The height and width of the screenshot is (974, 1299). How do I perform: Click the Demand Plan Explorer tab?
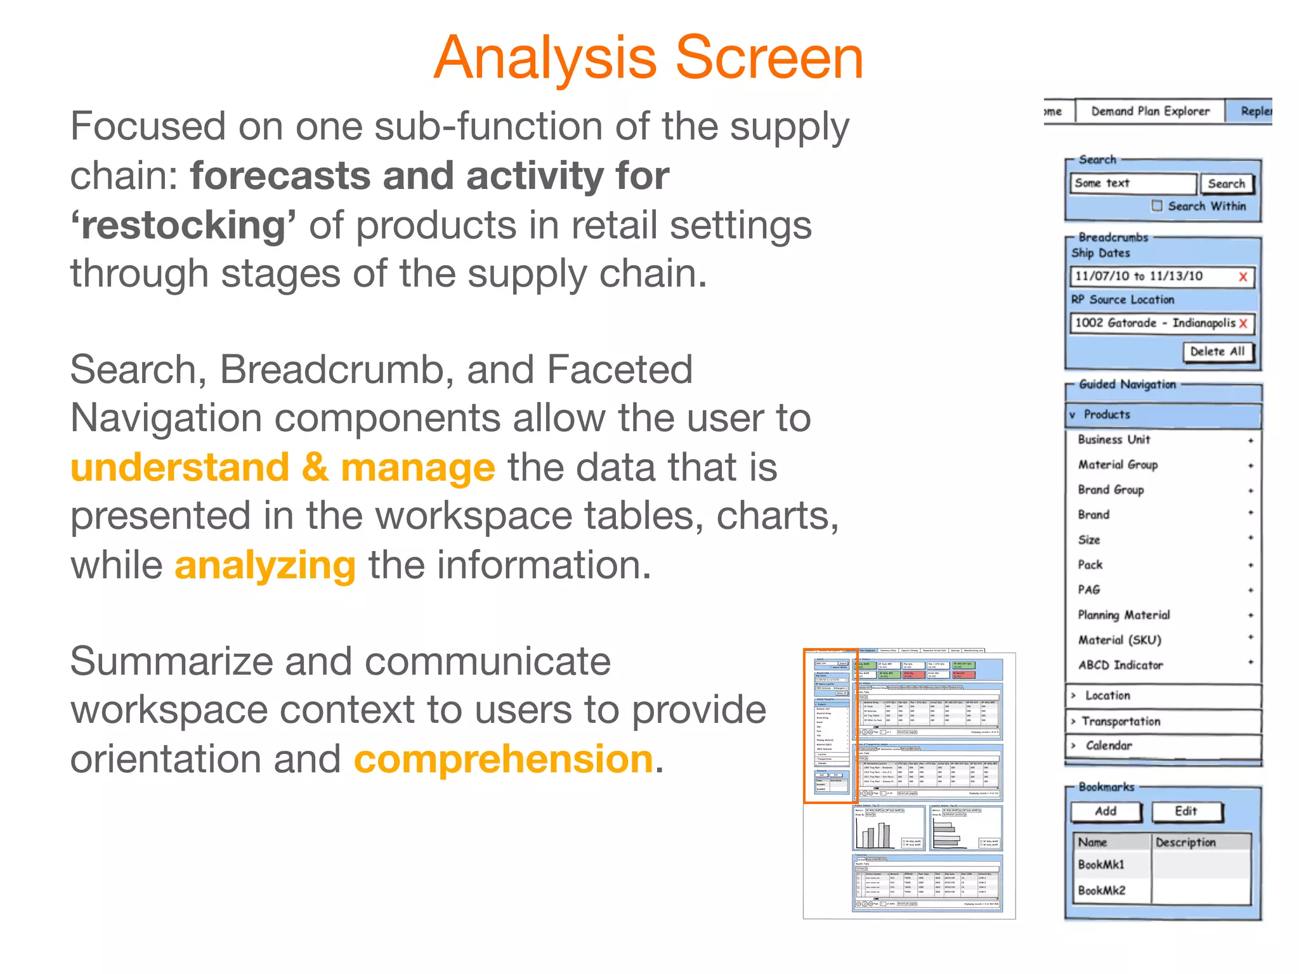click(x=1149, y=112)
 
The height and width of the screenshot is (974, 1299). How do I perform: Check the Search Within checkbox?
click(x=1157, y=206)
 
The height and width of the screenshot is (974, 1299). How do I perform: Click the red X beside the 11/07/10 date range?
click(x=1243, y=277)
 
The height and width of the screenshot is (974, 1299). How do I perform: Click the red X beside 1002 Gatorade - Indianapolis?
click(x=1243, y=324)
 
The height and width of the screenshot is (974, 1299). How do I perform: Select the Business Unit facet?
click(x=1114, y=439)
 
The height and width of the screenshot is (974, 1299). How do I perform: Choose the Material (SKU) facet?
click(x=1119, y=640)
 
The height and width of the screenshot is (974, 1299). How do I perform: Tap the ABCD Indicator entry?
click(x=1120, y=665)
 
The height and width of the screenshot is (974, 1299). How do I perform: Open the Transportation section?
click(x=1121, y=722)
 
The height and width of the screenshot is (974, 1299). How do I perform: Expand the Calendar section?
click(x=1108, y=746)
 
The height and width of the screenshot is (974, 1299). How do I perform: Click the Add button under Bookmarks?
click(x=1106, y=812)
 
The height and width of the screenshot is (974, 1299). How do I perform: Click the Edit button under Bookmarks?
click(x=1185, y=812)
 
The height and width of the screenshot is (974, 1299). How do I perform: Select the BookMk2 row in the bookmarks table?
click(x=1102, y=890)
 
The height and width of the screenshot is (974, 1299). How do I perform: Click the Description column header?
click(x=1185, y=843)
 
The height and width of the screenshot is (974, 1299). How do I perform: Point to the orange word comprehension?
click(x=504, y=760)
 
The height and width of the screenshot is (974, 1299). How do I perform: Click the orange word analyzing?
click(x=265, y=566)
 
